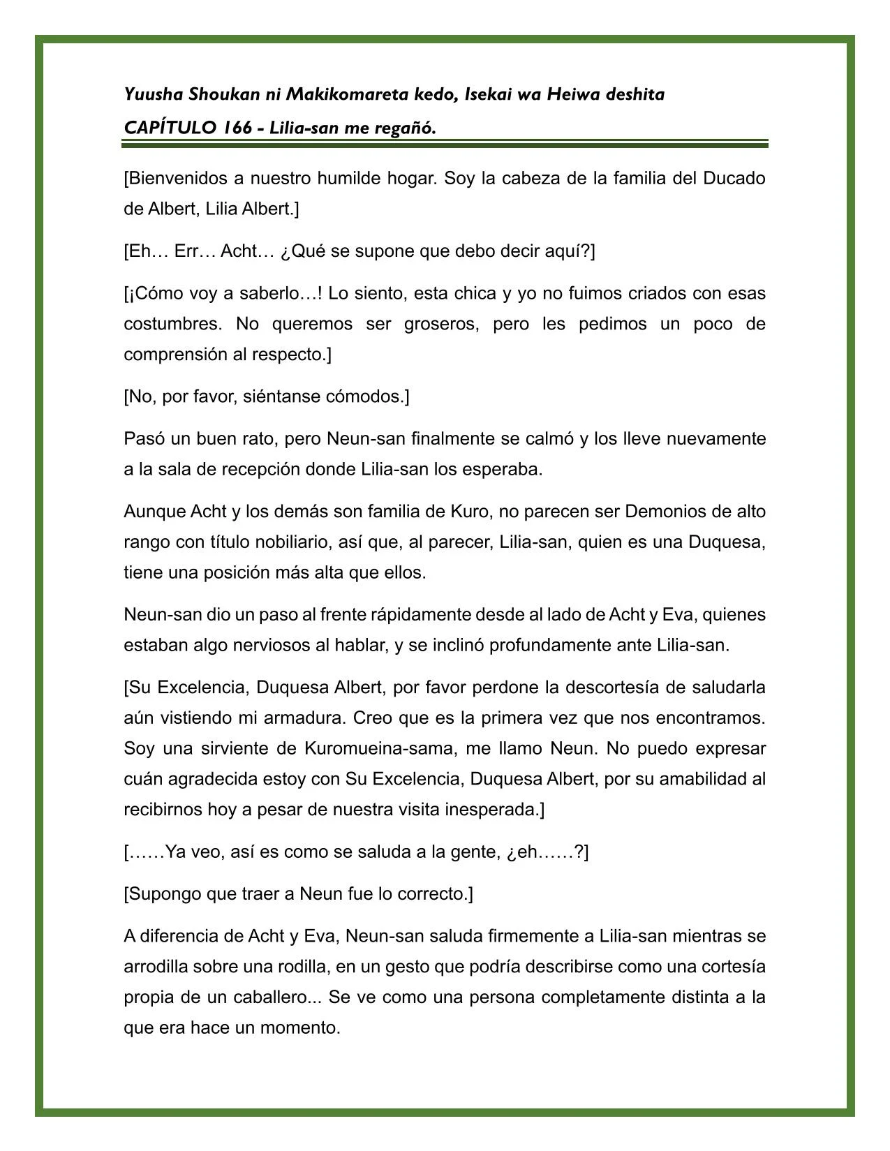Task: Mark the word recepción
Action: (x=260, y=470)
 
